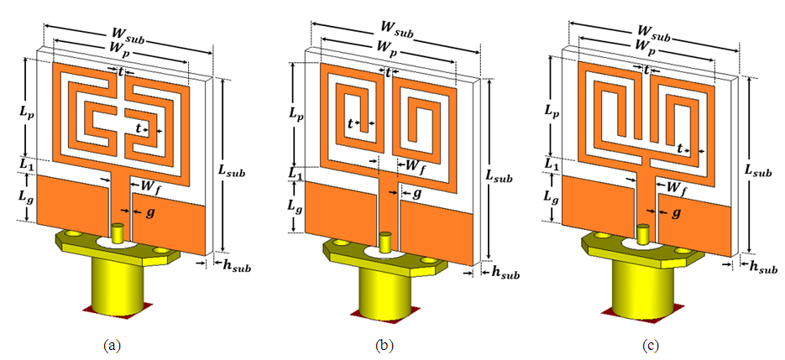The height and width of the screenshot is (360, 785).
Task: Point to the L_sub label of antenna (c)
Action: [x=758, y=170]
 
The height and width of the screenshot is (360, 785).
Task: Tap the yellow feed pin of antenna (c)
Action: [x=645, y=234]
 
